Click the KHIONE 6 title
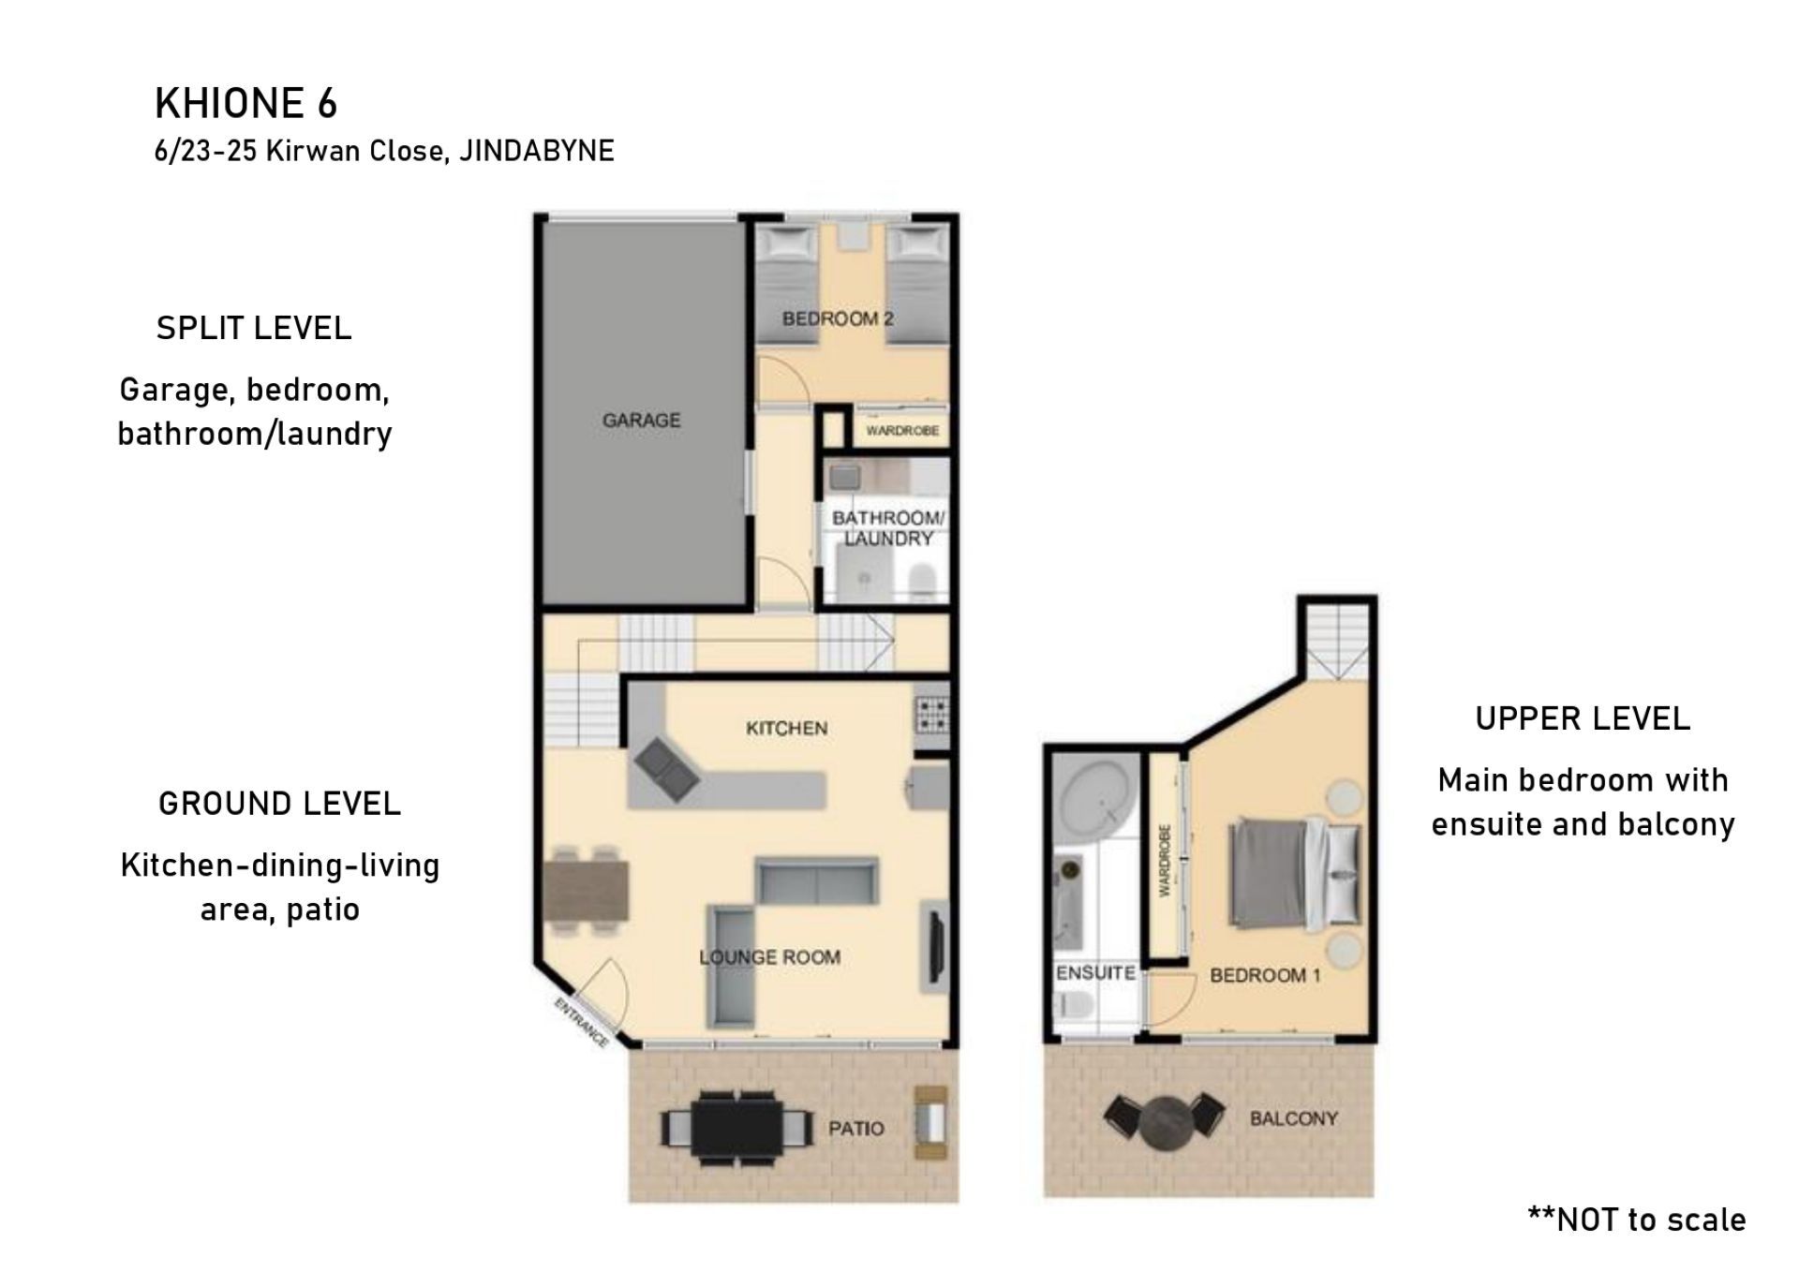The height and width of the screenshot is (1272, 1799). (x=245, y=103)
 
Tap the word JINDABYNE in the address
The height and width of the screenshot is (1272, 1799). (x=537, y=151)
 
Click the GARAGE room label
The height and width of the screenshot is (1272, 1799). (x=642, y=421)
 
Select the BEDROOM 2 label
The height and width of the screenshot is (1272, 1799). (x=838, y=318)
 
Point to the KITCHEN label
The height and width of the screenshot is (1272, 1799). (x=786, y=729)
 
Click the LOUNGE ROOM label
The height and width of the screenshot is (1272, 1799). (x=769, y=957)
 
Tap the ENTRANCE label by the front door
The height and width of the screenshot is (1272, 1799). (x=581, y=1023)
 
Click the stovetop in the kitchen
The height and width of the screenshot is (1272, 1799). (x=931, y=715)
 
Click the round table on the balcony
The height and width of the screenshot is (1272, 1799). (x=1165, y=1119)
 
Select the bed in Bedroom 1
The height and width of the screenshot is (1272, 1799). (x=1294, y=875)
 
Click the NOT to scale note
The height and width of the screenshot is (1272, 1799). (x=1636, y=1220)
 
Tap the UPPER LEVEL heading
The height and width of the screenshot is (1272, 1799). (x=1583, y=718)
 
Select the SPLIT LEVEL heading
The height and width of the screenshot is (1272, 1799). (x=254, y=328)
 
